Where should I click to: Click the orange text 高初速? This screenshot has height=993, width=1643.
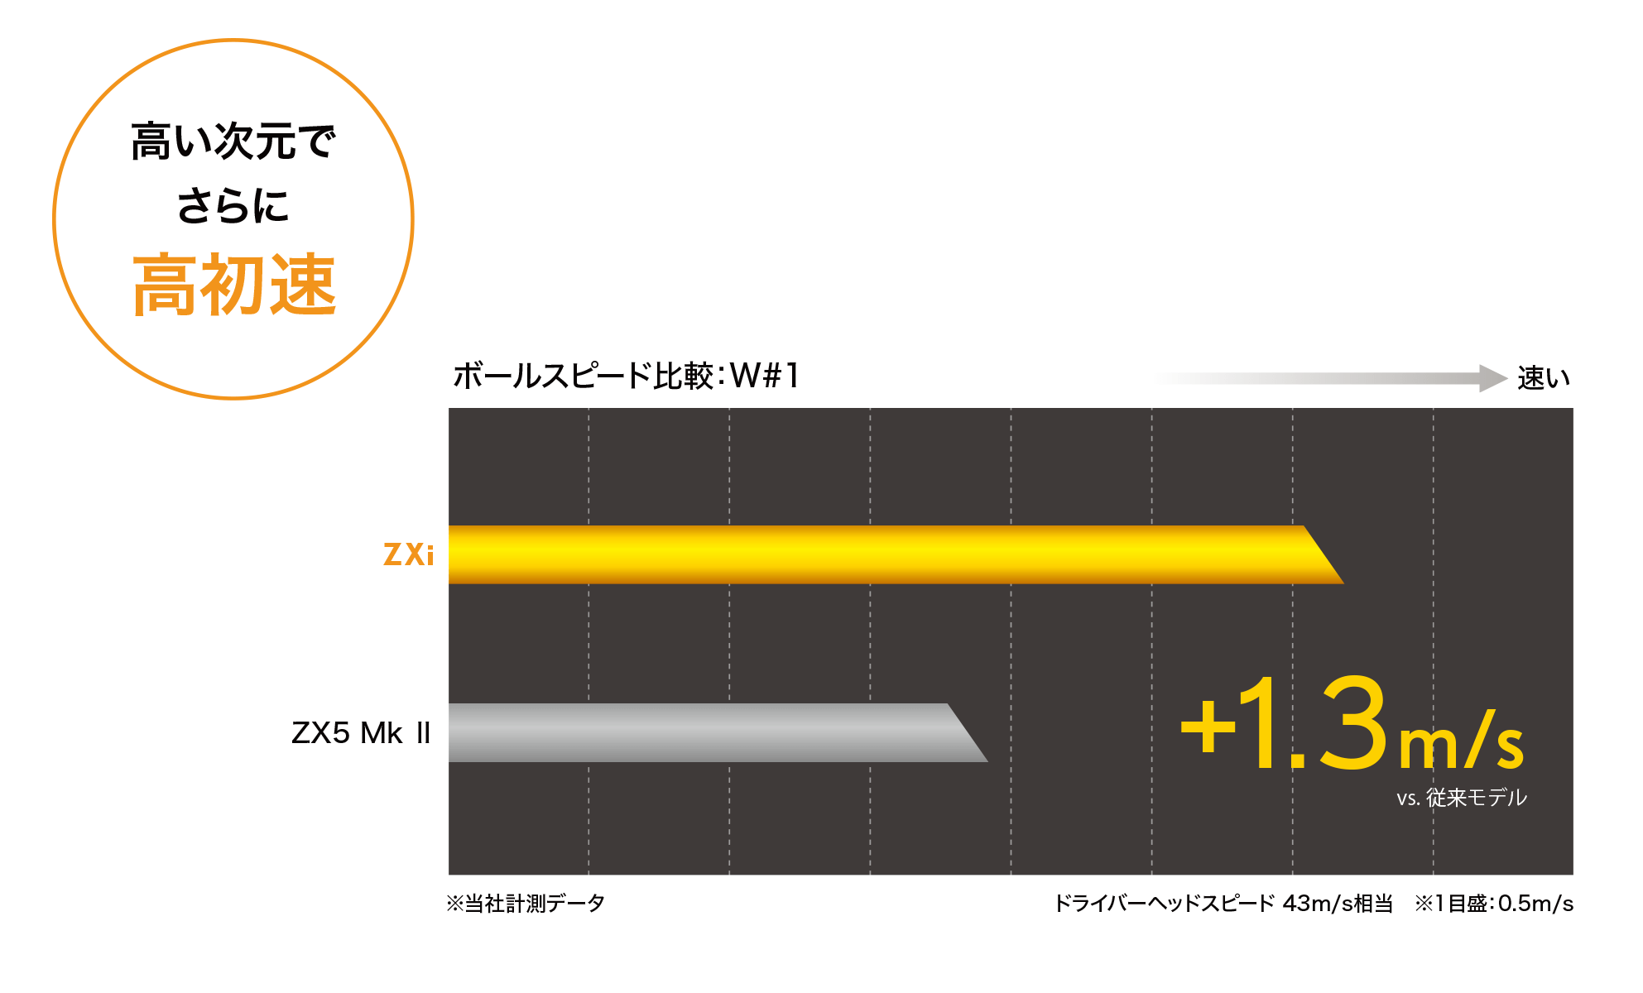tap(234, 285)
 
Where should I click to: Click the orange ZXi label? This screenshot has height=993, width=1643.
tap(408, 554)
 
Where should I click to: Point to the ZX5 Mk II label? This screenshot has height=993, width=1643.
tap(361, 733)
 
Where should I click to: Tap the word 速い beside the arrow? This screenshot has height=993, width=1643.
tap(1544, 379)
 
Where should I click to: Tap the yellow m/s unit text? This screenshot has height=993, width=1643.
tap(1461, 741)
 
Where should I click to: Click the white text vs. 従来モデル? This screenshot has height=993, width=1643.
tap(1462, 798)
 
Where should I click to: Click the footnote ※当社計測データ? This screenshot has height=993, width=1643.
tap(526, 903)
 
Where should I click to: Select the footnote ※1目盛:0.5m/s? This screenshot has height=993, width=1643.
tap(1495, 903)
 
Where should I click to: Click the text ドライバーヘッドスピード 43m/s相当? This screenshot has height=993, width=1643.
tap(1225, 903)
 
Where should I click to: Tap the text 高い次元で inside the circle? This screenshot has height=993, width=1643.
tap(233, 142)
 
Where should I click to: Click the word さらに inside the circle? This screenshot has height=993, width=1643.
tap(233, 206)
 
